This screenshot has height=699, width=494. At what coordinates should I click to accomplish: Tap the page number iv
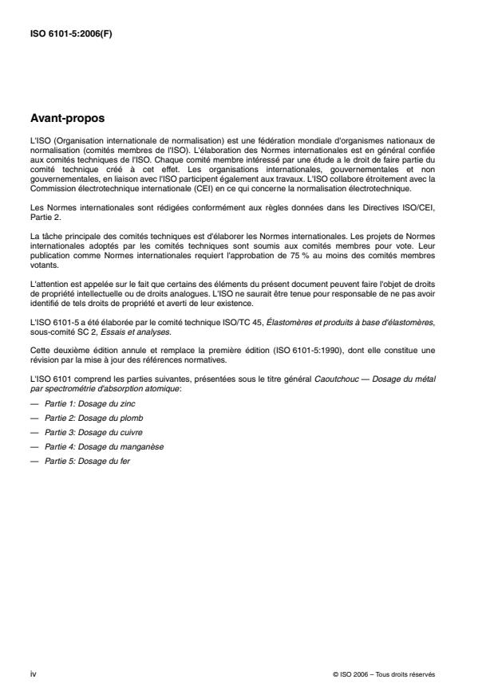(x=32, y=673)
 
